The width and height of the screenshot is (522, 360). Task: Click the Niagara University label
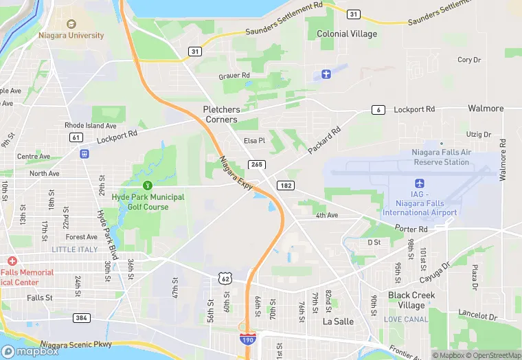tap(71, 35)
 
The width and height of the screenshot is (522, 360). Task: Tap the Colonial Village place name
tap(347, 34)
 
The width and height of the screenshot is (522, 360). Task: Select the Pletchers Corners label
tap(220, 114)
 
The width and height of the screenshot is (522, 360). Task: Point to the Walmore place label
tap(486, 109)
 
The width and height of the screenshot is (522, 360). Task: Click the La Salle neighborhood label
tap(338, 321)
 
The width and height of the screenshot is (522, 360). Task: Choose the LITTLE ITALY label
tap(75, 249)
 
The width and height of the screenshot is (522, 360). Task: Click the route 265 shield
tap(257, 164)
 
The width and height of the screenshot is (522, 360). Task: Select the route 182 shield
tap(285, 186)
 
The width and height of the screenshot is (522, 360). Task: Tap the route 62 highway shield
tap(225, 278)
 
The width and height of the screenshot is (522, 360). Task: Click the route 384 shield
tap(82, 317)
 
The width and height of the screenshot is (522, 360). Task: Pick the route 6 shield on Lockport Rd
tap(378, 110)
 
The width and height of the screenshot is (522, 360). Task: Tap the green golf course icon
tap(147, 185)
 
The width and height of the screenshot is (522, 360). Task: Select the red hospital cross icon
tap(12, 262)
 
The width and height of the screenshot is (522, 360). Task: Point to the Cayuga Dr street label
tap(436, 273)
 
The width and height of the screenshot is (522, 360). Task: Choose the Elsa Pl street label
tap(254, 141)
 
